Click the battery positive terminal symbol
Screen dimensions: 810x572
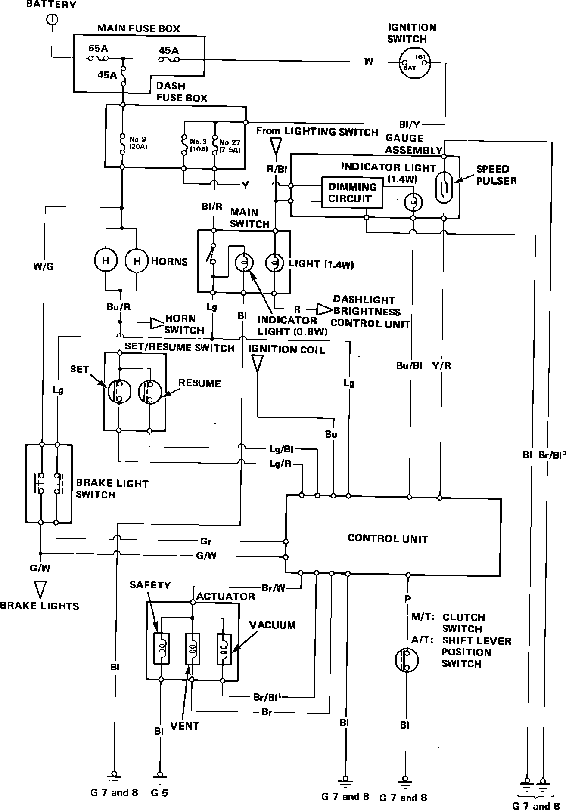tap(52, 19)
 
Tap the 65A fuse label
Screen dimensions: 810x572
tap(98, 48)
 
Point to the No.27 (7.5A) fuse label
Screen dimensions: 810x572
tap(229, 146)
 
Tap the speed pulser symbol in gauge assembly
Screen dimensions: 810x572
tap(444, 188)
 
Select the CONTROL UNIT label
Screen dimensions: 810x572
tap(387, 538)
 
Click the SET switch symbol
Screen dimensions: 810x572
tap(119, 391)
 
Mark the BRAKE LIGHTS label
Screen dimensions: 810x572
tap(40, 606)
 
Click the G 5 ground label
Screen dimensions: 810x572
tap(159, 792)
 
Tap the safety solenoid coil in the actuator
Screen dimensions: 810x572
tap(162, 649)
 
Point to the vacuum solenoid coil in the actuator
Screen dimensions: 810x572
tap(224, 649)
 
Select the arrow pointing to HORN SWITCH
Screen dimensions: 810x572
tap(156, 323)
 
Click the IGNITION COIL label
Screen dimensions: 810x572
tap(287, 349)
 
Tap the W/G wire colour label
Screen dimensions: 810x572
tap(44, 266)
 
